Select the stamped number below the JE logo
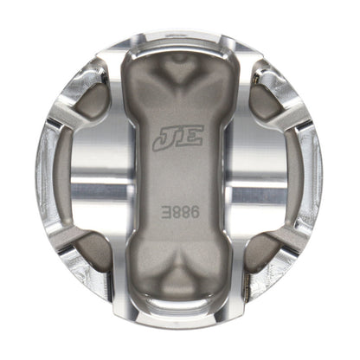(179, 209)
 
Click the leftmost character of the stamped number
(166, 209)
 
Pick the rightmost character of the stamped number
(193, 209)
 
